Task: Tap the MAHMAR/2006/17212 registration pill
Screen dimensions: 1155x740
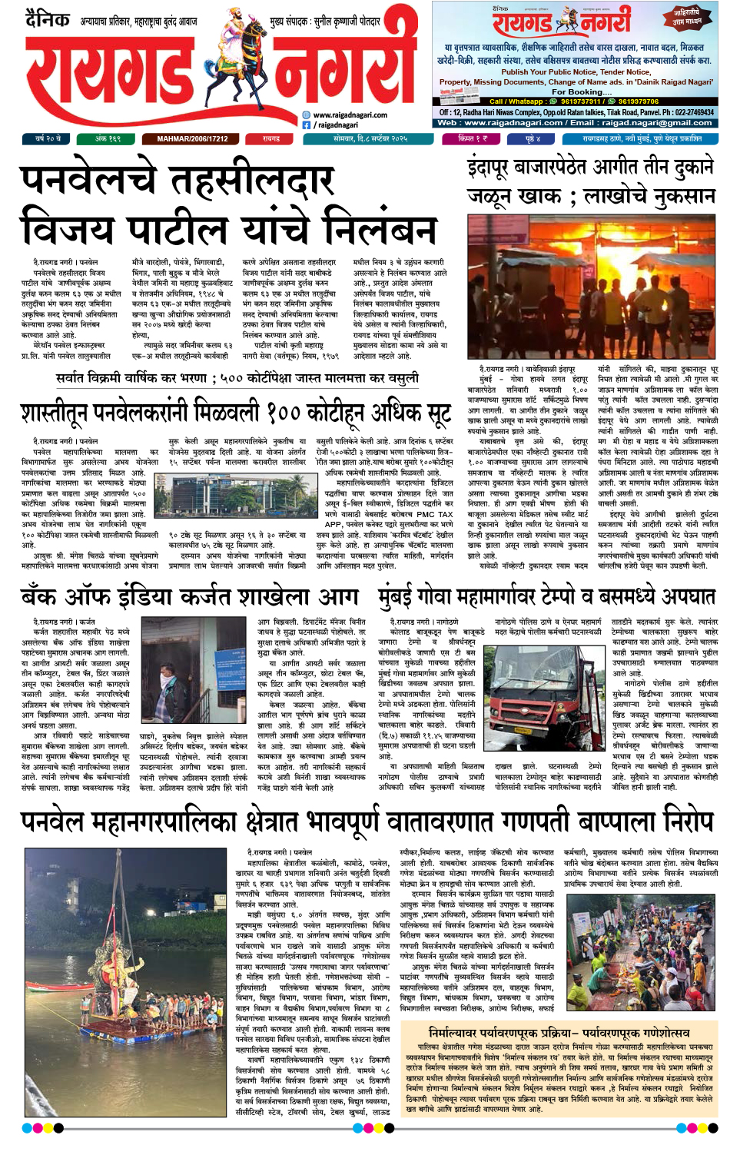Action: [192, 139]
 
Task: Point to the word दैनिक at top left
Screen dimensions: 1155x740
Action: [48, 18]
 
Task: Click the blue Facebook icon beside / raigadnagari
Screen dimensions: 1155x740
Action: [307, 124]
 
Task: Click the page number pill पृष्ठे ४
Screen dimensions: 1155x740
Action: [533, 139]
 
